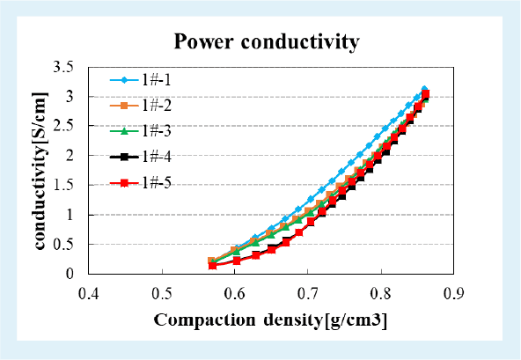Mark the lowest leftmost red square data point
click(x=213, y=265)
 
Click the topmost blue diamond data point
click(x=424, y=89)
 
